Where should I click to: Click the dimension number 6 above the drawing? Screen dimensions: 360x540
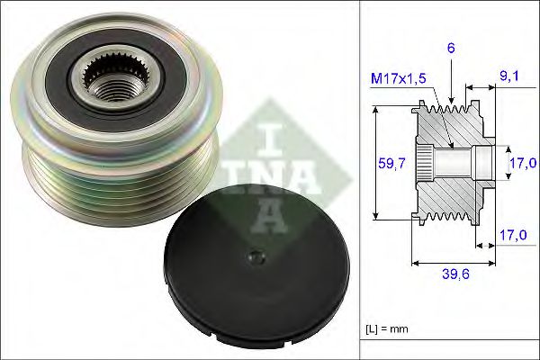pos(449,49)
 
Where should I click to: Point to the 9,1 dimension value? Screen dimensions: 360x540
pos(509,77)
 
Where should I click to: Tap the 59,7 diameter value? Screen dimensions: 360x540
pos(390,165)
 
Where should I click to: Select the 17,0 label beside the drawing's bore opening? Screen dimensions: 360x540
pos(523,163)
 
